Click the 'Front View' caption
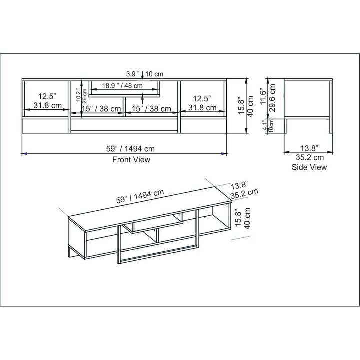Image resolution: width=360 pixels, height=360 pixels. coord(131,160)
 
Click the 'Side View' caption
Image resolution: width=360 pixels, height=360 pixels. coord(309,167)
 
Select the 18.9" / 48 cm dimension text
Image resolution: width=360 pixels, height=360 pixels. coord(123,85)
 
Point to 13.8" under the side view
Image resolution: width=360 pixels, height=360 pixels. coord(309,148)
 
